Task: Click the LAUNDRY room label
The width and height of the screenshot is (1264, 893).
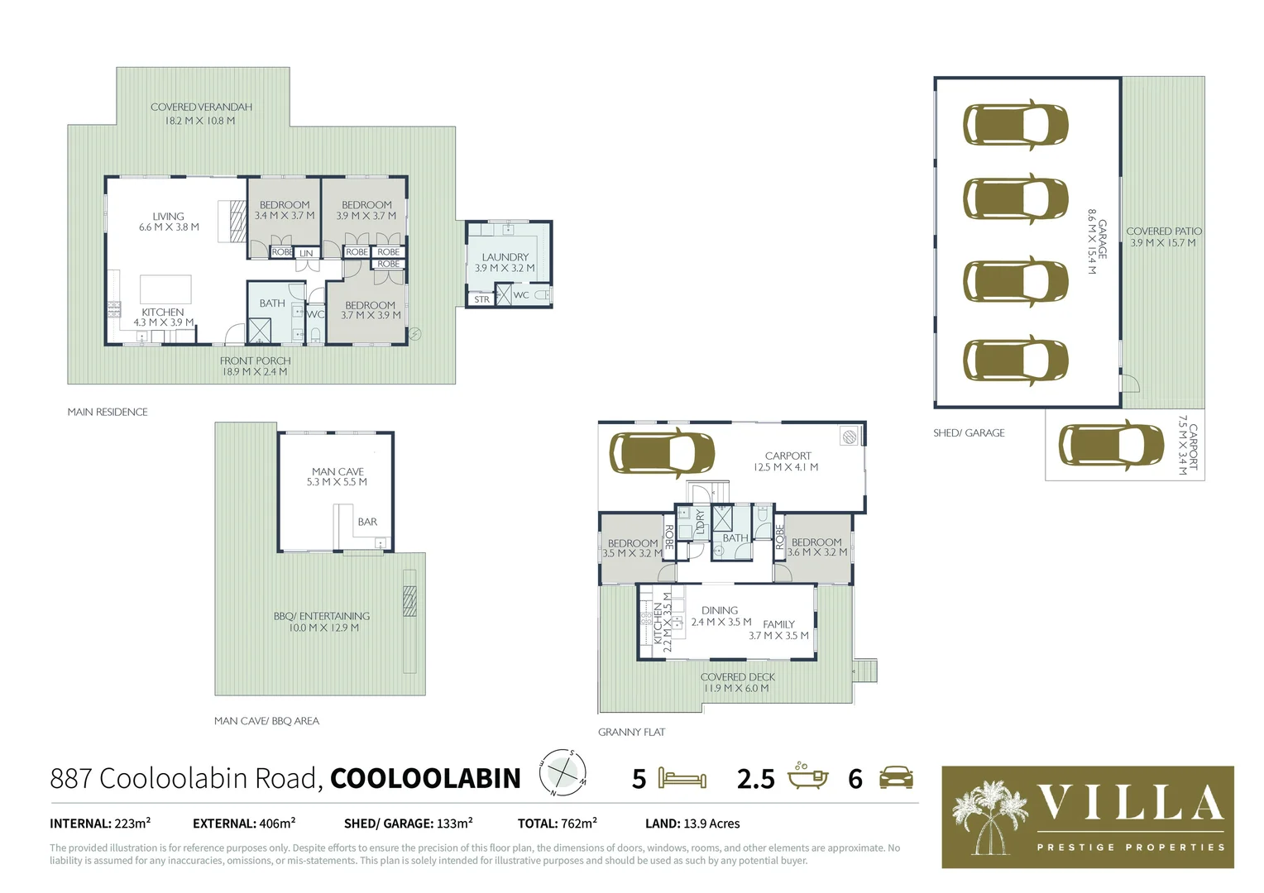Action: coord(505,257)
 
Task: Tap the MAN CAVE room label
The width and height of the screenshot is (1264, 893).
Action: coord(338,471)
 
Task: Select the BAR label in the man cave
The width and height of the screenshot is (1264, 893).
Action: coord(367,522)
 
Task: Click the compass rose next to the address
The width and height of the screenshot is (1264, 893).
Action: coord(563,772)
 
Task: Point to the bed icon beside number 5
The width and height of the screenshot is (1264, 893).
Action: coord(682,778)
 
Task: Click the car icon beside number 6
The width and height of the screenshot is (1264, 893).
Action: coord(896,777)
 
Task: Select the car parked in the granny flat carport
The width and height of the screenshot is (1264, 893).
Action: coord(662,452)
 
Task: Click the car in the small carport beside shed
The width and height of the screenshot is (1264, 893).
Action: coord(1111,445)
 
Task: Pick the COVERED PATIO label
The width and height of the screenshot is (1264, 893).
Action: coord(1163,232)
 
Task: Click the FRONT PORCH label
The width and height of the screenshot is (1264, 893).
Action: coord(255,361)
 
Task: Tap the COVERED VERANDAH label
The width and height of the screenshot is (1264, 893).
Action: coord(201,107)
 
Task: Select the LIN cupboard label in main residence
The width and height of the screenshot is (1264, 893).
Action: coord(306,253)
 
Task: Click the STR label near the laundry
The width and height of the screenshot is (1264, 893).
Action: coord(481,299)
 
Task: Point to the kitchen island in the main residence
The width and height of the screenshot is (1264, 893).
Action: coord(165,289)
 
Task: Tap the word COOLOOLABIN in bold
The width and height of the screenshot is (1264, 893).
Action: coord(425,778)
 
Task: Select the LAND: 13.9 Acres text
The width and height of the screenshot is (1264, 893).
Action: coord(692,824)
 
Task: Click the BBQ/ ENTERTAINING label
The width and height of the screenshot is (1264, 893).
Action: coord(322,616)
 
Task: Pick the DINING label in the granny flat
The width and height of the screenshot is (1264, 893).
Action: coord(719,610)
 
